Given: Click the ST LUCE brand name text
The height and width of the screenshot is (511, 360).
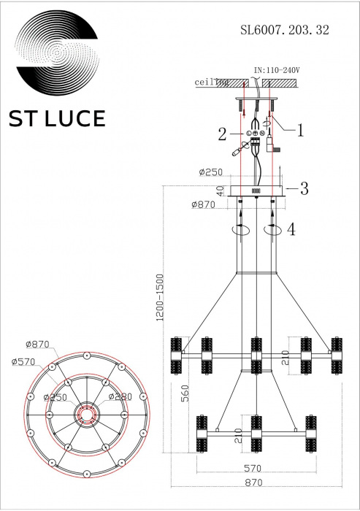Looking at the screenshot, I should pyautogui.click(x=57, y=118).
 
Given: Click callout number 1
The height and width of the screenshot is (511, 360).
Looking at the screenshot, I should pyautogui.click(x=299, y=130).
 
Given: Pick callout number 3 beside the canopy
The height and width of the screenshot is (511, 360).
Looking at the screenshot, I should pyautogui.click(x=303, y=188).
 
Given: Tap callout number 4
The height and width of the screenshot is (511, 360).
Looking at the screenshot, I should pyautogui.click(x=291, y=229).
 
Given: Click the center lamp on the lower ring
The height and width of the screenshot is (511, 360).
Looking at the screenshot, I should pyautogui.click(x=256, y=433).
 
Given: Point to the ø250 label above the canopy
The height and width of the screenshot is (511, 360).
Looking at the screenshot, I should pyautogui.click(x=210, y=173).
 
